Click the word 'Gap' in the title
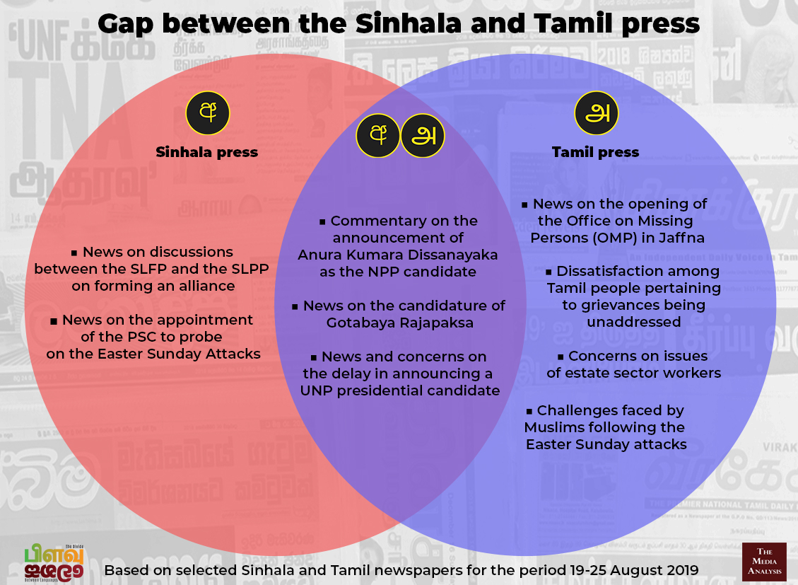click(125, 25)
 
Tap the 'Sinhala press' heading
click(206, 152)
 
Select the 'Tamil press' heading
click(595, 152)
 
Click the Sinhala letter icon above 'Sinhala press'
click(208, 113)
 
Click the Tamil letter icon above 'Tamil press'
click(597, 113)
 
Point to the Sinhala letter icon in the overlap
click(377, 135)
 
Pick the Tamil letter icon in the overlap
click(423, 135)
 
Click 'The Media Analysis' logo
click(764, 562)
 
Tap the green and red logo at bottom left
click(54, 564)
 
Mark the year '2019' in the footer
click(681, 570)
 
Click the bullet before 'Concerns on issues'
click(561, 357)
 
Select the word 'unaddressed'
click(633, 323)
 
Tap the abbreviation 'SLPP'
click(250, 269)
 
